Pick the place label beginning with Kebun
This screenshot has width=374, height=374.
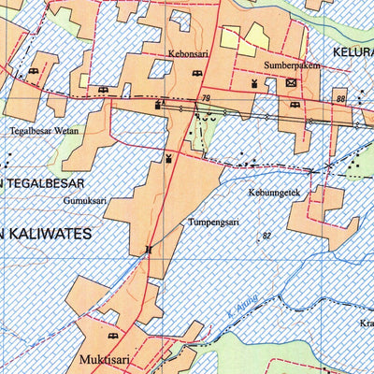tap(272, 193)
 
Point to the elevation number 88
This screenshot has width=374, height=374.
tap(340, 99)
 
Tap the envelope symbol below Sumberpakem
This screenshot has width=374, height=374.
tap(291, 82)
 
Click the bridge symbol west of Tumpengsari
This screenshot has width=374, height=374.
tap(147, 250)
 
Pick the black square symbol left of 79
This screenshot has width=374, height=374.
tap(159, 105)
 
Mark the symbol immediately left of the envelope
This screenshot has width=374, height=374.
tap(253, 82)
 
